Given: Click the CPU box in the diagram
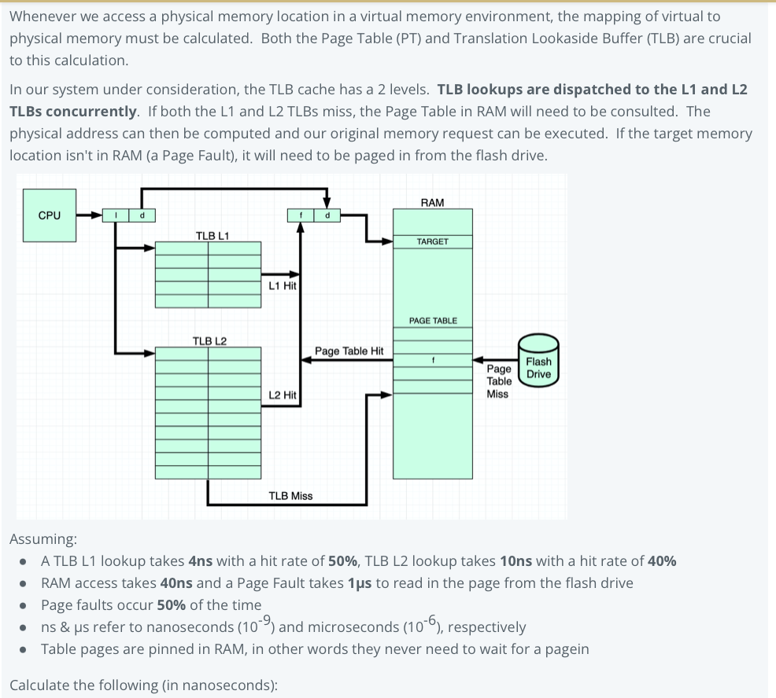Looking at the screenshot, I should point(49,215).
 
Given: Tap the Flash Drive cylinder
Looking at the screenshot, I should point(538,362).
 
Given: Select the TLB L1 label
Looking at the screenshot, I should point(212,235).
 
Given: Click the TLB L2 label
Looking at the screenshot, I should point(209,340).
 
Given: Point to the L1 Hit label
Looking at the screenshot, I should point(282,286).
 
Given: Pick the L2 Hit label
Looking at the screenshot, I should point(282,395).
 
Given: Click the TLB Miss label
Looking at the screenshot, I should point(290,496).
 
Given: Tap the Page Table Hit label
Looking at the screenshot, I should point(349,351).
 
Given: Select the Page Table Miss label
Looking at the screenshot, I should point(498,381).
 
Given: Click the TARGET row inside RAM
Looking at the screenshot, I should point(432,241).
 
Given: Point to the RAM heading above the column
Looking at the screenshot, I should point(432,203).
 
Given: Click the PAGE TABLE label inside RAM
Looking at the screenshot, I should point(432,321).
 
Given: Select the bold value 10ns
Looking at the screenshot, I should point(516,561).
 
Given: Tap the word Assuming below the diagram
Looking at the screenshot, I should point(42,539).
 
